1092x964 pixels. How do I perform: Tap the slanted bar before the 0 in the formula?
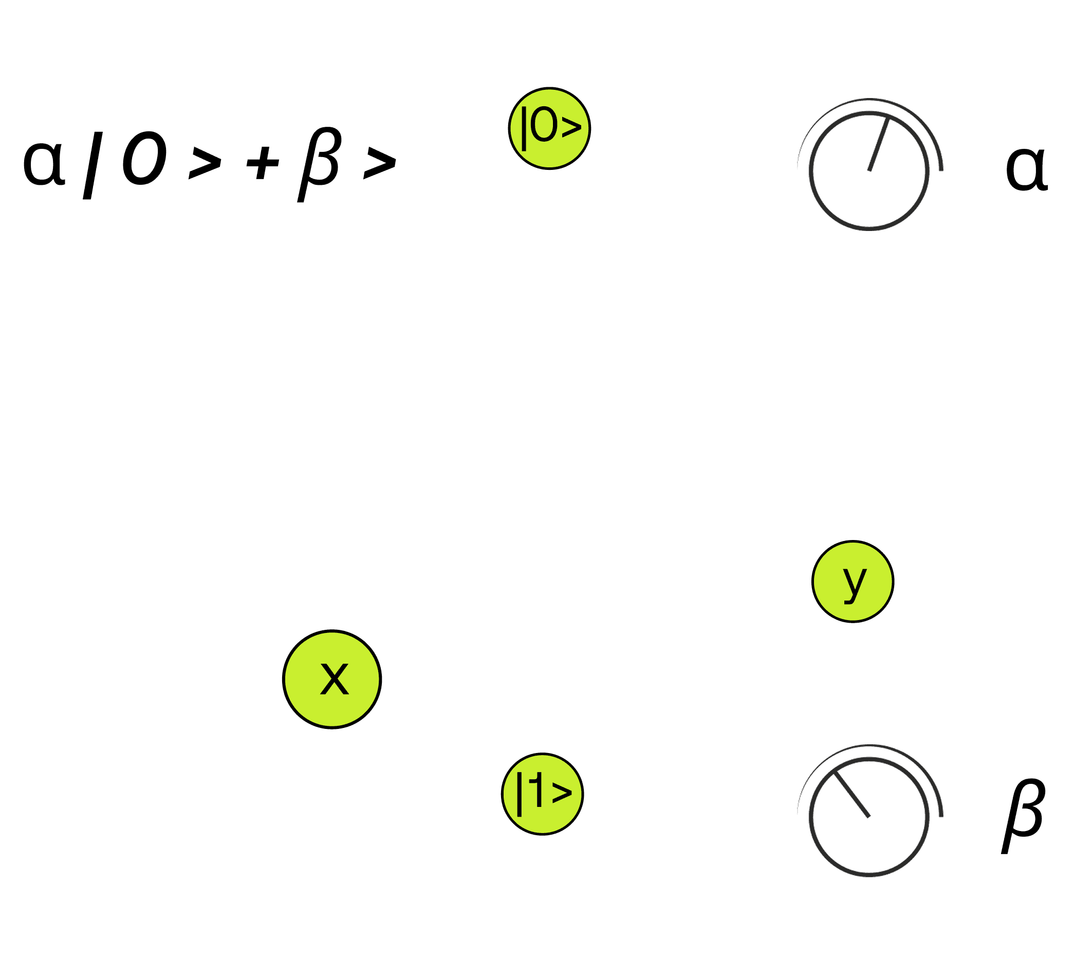point(92,165)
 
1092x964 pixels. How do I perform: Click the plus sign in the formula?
point(262,163)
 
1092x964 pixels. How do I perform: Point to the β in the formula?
point(320,163)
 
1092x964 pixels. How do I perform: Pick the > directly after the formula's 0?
point(205,163)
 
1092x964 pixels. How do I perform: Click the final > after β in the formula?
point(379,163)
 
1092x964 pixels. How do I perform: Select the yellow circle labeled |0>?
point(549,129)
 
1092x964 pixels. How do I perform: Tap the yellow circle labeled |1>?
point(542,794)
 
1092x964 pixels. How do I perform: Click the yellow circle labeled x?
point(332,679)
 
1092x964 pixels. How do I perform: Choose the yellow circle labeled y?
point(853,581)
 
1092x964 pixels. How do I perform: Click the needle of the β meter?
point(852,794)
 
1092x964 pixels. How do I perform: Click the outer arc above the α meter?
point(870,99)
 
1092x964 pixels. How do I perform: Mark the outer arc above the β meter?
point(870,745)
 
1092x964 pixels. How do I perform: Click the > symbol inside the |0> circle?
point(571,128)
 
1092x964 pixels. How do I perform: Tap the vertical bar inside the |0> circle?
point(524,129)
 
